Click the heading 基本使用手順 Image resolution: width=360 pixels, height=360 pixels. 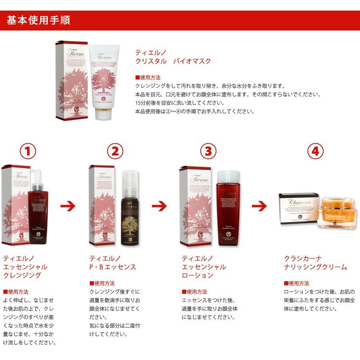click(x=38, y=20)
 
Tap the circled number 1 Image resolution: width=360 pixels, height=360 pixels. click(x=28, y=151)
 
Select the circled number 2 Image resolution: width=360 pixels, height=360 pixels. click(x=115, y=151)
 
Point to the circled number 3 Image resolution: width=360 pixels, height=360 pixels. click(x=208, y=151)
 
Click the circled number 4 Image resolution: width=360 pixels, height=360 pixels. click(x=315, y=151)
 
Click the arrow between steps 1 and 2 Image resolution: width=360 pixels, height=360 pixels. click(x=67, y=206)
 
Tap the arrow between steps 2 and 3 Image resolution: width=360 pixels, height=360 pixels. click(x=160, y=206)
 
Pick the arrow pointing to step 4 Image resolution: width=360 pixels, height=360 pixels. click(x=259, y=206)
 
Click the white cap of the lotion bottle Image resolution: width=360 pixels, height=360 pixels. click(x=228, y=176)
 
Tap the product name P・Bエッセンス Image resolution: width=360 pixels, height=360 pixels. click(x=113, y=267)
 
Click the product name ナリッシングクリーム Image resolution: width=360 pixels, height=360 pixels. click(x=315, y=267)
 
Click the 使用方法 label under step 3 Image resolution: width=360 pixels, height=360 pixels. click(x=197, y=291)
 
